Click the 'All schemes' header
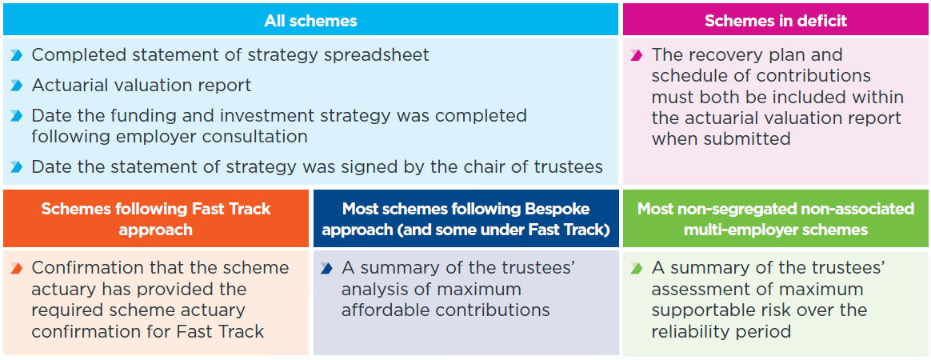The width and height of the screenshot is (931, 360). [310, 21]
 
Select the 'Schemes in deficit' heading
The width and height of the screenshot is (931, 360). [776, 21]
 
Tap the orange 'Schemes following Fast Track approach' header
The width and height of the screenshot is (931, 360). [155, 218]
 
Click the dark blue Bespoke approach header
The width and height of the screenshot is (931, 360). [466, 218]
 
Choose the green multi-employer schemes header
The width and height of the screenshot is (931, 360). [776, 218]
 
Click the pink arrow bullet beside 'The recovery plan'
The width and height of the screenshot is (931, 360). [637, 55]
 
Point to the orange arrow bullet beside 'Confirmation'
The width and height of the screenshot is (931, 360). [17, 268]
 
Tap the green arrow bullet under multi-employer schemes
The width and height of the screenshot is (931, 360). [637, 268]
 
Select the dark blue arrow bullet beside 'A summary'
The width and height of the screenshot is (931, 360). [326, 268]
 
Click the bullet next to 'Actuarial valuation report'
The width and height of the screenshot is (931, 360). [17, 86]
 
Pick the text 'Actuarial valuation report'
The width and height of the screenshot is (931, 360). [142, 86]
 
